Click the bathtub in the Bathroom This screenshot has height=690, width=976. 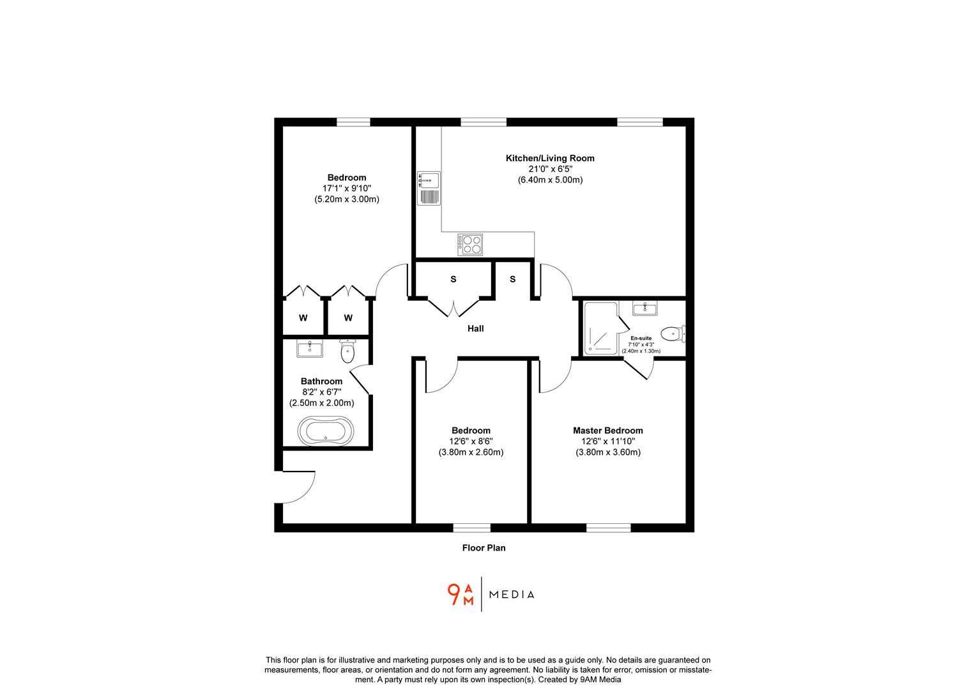[x=326, y=431]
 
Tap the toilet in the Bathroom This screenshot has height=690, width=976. [x=347, y=351]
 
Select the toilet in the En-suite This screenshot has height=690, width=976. [x=671, y=333]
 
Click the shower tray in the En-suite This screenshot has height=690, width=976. [x=600, y=327]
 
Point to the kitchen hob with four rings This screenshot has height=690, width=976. [x=470, y=245]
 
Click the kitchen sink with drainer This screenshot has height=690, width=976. [x=429, y=188]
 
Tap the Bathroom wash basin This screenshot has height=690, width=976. [x=310, y=348]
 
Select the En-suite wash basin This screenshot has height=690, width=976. [x=644, y=309]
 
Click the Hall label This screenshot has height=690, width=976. [x=475, y=328]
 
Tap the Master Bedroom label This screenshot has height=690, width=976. [x=607, y=431]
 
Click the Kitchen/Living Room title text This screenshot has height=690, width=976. [x=550, y=158]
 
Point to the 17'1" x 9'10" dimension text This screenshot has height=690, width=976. [x=347, y=188]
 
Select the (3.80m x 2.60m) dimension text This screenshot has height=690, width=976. [x=471, y=452]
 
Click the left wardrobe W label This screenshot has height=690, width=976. [x=303, y=318]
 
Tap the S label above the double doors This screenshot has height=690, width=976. [x=454, y=279]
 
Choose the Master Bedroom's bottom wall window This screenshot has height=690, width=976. [x=608, y=528]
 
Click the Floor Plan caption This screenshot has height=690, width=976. [x=484, y=548]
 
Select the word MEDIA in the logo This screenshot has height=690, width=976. [x=511, y=595]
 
